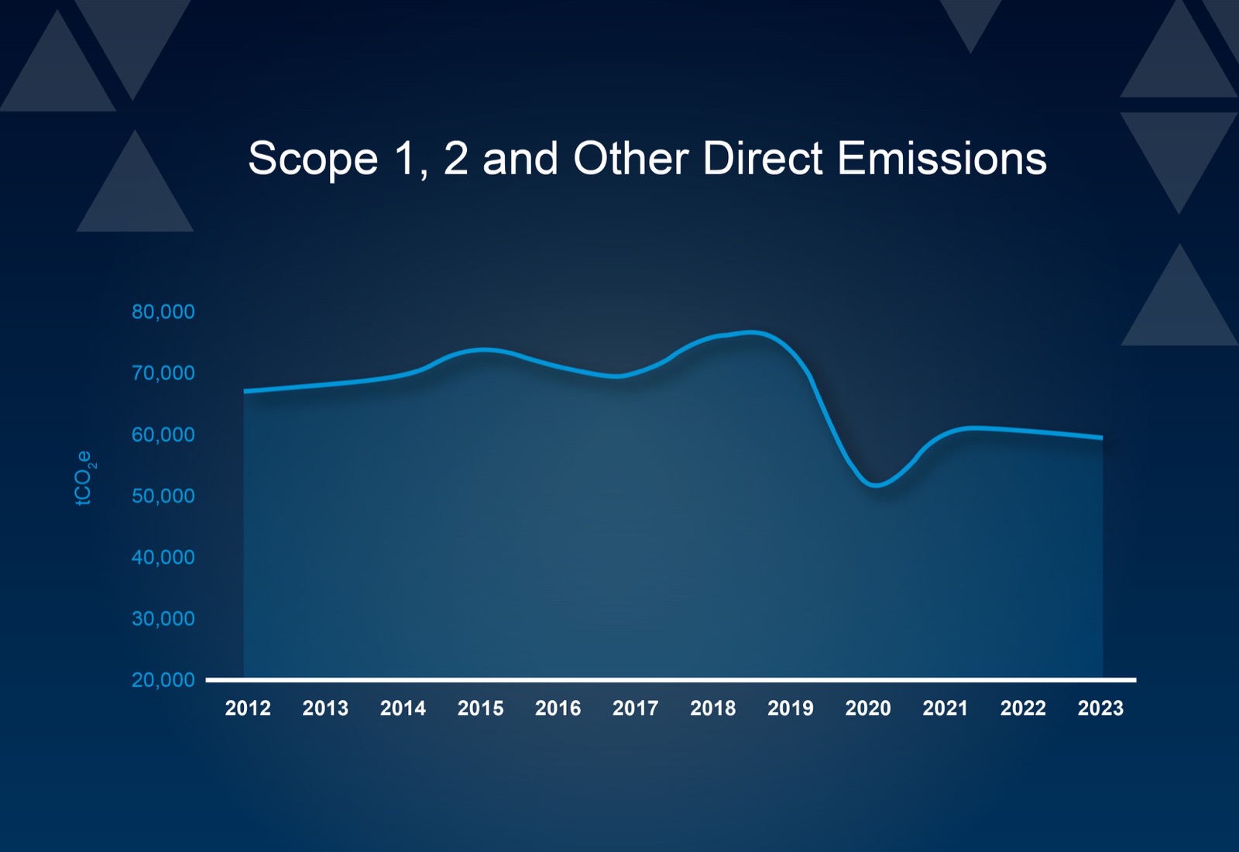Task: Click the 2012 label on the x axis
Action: point(248,708)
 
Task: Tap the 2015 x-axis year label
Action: point(480,708)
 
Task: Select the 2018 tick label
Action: point(713,708)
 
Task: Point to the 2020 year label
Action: point(868,708)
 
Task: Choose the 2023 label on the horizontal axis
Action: point(1100,708)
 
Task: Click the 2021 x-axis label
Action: point(946,708)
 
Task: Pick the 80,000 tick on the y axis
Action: point(163,311)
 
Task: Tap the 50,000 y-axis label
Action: point(163,496)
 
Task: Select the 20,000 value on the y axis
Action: point(163,680)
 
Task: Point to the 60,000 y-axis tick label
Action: point(163,435)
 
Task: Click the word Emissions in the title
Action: point(942,159)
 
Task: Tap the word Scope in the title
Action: point(313,159)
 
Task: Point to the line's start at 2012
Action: point(245,391)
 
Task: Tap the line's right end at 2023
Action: point(1101,438)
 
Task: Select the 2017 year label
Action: point(635,708)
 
